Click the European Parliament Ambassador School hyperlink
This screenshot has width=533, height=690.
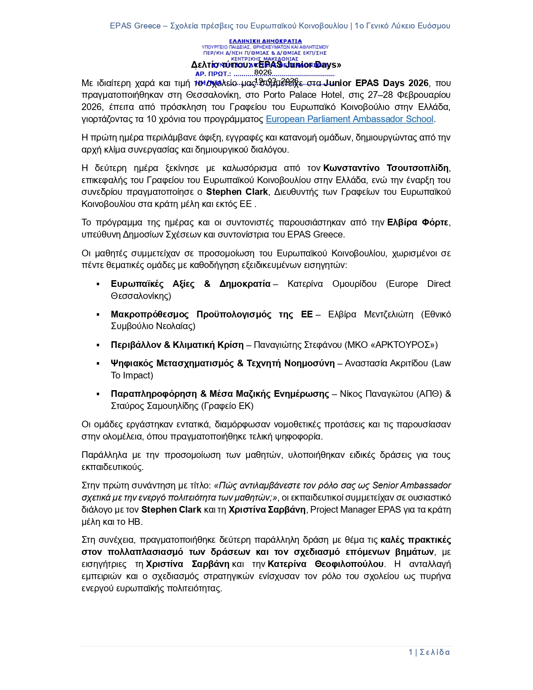(349, 119)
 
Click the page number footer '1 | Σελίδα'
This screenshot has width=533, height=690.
(429, 652)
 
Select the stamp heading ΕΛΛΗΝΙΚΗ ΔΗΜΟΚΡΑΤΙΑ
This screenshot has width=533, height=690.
(265, 41)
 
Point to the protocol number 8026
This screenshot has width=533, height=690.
(263, 72)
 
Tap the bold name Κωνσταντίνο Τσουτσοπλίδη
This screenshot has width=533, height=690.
(386, 168)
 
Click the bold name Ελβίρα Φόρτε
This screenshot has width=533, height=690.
(418, 222)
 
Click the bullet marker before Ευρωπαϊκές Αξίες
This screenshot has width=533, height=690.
(98, 284)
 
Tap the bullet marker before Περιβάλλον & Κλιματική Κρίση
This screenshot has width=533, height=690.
(98, 345)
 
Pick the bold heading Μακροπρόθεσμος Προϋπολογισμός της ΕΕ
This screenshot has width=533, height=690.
(212, 314)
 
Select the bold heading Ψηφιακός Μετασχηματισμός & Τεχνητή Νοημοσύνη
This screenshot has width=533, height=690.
(222, 363)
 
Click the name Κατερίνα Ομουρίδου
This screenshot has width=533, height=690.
(332, 284)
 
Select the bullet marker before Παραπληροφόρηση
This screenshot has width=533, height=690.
(98, 394)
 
